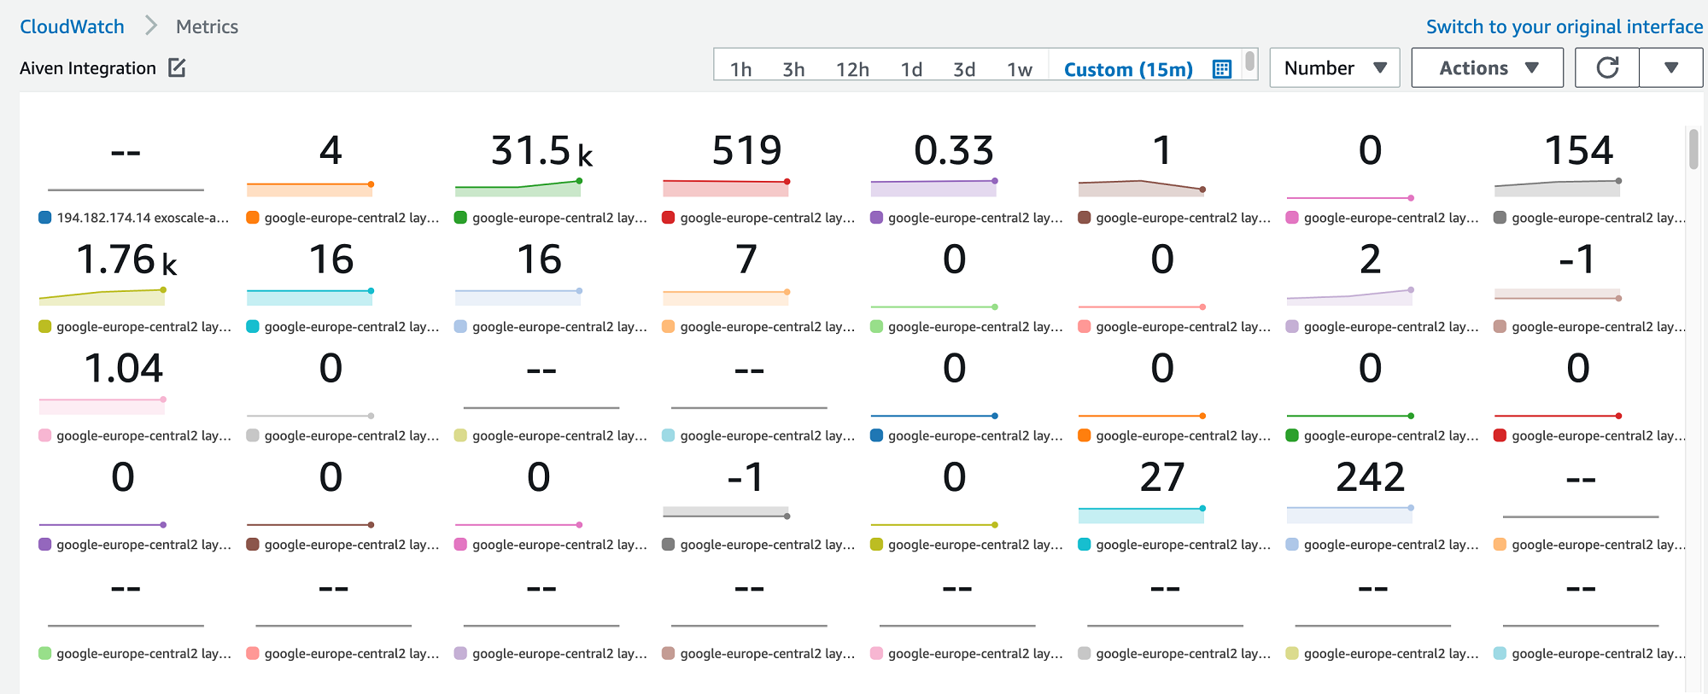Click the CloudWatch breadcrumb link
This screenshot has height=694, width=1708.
point(72,26)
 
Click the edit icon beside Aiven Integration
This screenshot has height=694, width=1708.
point(177,67)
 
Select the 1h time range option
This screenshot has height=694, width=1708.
point(740,69)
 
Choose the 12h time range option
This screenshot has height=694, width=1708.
point(851,69)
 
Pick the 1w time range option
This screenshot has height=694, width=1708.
point(1019,69)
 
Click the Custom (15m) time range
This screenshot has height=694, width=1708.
point(1127,69)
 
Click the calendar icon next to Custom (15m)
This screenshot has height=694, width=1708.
point(1222,69)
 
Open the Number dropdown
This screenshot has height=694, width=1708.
point(1334,67)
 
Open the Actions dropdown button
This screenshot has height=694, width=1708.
point(1487,67)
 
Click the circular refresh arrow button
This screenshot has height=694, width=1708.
point(1607,67)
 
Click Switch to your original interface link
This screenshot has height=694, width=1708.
point(1564,26)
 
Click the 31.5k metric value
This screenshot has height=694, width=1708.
point(541,151)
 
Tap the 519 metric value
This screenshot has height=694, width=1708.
point(747,151)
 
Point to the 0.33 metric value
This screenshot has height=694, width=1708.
point(954,151)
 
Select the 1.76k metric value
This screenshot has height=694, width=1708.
point(126,260)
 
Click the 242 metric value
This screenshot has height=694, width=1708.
point(1370,477)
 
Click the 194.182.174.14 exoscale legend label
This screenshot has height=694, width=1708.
point(142,218)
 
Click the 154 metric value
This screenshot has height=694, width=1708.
point(1578,151)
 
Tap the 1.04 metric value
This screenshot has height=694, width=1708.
point(124,369)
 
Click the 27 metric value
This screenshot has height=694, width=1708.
point(1161,477)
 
